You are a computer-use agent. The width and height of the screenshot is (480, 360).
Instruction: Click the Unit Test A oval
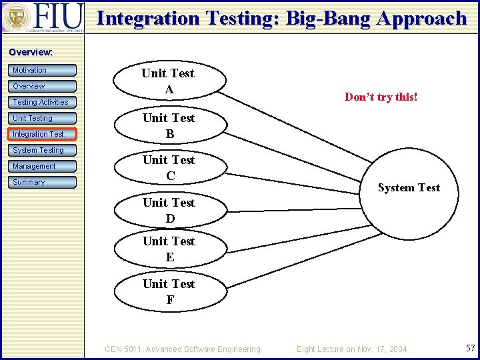click(168, 81)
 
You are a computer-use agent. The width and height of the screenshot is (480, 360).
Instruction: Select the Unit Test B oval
click(169, 125)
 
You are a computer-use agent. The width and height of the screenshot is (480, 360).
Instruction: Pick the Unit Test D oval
click(169, 210)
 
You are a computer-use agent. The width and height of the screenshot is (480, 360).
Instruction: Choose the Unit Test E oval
click(169, 249)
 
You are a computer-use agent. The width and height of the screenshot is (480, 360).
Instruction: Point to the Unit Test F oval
click(169, 291)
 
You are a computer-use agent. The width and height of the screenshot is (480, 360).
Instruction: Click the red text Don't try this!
click(381, 97)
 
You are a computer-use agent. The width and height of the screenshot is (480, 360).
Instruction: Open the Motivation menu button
click(43, 70)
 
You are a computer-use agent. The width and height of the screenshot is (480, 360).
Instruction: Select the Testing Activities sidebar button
click(43, 102)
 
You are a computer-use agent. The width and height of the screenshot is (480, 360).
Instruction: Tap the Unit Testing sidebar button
click(43, 118)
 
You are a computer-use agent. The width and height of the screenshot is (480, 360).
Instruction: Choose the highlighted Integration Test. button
click(43, 134)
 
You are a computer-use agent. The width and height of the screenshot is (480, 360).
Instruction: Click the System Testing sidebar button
click(43, 150)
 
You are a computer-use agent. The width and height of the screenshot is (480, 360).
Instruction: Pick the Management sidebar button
click(43, 166)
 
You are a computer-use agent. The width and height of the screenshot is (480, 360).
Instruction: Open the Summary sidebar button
click(43, 182)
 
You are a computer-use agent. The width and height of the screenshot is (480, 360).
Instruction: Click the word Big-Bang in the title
click(329, 18)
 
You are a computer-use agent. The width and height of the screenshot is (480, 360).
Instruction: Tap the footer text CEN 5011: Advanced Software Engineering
click(183, 349)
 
